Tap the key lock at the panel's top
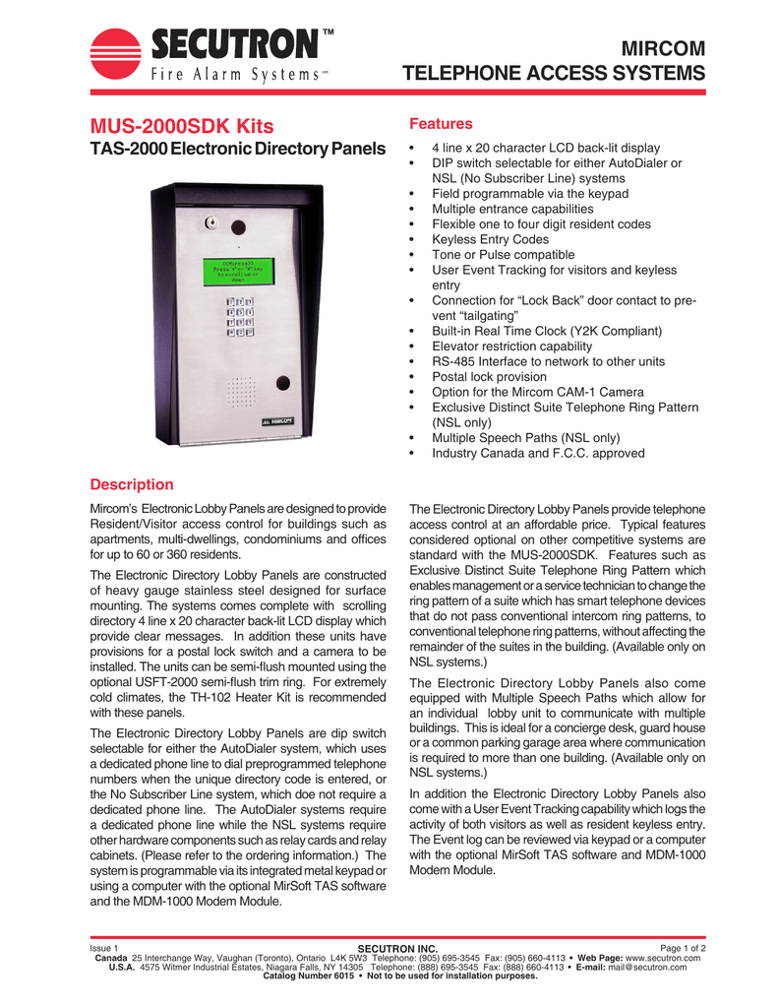click(209, 222)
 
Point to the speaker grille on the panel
click(241, 392)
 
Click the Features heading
click(442, 125)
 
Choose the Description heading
click(132, 484)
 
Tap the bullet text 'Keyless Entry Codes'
click(490, 239)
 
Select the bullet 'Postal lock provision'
click(489, 377)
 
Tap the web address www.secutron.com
click(663, 957)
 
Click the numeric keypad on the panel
click(240, 317)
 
